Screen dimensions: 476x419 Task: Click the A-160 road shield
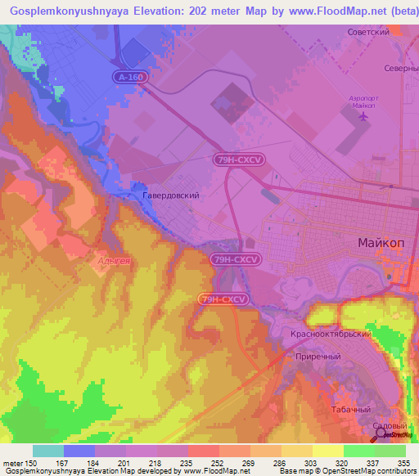(130, 75)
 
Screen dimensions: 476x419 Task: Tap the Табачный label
(354, 409)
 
